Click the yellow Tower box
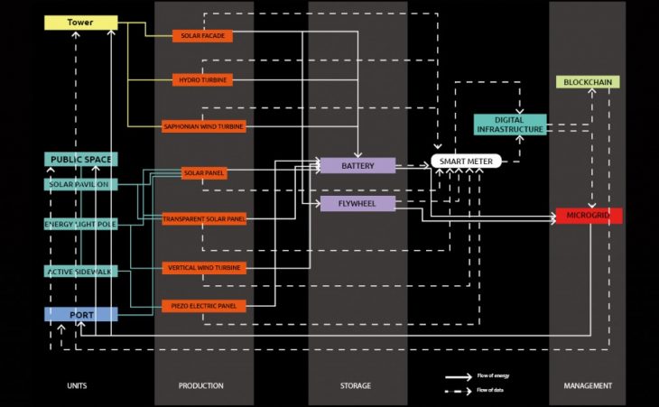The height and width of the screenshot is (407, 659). click(81, 22)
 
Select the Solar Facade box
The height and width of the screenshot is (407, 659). click(203, 36)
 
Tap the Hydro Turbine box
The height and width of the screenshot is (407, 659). click(203, 80)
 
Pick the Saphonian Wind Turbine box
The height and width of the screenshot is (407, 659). click(203, 126)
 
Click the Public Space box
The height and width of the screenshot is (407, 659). click(81, 160)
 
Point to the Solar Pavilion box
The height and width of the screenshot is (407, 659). click(81, 184)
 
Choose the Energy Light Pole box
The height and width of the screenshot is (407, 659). click(81, 224)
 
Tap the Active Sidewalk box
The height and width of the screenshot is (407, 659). click(81, 271)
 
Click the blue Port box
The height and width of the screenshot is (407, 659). click(81, 314)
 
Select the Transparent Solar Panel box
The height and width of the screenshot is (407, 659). click(203, 219)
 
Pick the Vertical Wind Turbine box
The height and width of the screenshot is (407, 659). click(203, 268)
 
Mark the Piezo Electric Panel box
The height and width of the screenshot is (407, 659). click(203, 306)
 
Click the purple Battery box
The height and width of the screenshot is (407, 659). click(357, 165)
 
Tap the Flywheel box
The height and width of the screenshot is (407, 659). click(357, 204)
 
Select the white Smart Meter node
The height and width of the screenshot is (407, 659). click(465, 162)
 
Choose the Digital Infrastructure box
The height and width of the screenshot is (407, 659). click(510, 125)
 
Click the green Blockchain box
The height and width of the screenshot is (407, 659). click(587, 82)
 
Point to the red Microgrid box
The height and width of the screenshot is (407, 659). click(589, 216)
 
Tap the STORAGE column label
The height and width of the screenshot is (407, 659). click(356, 386)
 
